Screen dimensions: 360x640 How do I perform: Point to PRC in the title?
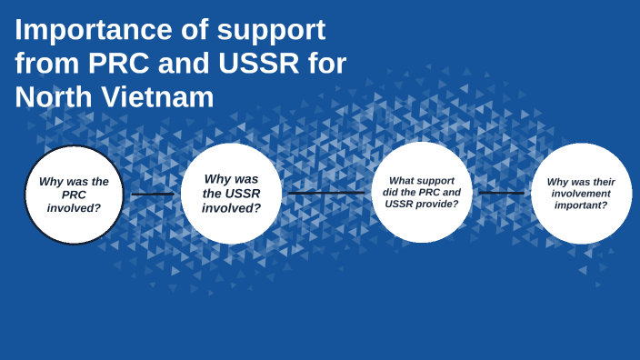[x=118, y=64]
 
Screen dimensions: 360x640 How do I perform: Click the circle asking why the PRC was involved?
[x=74, y=195]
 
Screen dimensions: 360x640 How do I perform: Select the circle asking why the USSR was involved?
[x=231, y=194]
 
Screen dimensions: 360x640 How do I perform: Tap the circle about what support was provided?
[x=422, y=193]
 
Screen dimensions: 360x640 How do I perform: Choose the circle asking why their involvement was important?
[x=581, y=194]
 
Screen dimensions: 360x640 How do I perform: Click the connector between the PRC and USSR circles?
[x=153, y=194]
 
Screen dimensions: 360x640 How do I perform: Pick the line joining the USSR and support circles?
[x=326, y=193]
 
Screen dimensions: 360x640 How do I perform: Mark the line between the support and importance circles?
[x=502, y=193]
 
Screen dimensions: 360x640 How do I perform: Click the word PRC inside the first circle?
[x=74, y=195]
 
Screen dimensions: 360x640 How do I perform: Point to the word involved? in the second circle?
[x=231, y=208]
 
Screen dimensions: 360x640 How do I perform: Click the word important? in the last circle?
[x=581, y=205]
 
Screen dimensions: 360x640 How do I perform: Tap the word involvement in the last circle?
[x=581, y=194]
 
